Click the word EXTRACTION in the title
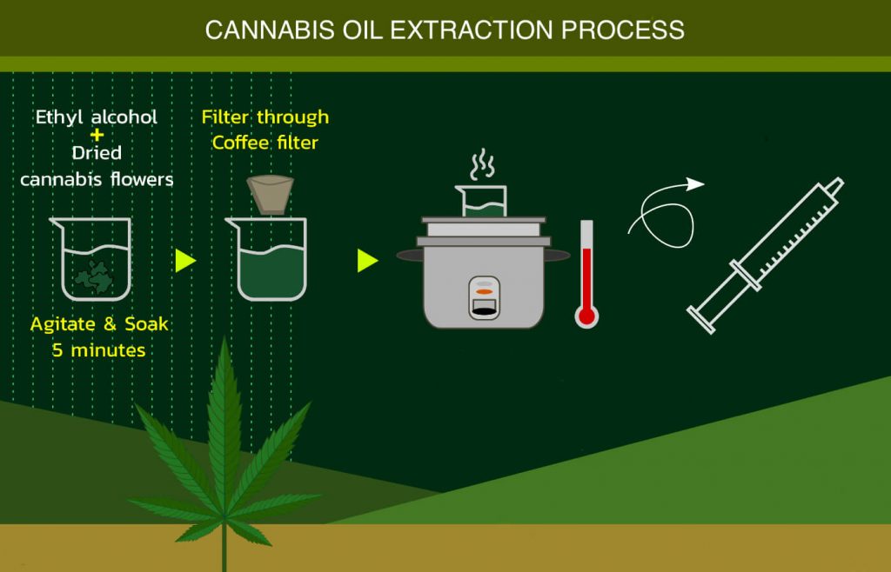471,30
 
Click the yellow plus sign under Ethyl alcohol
97,135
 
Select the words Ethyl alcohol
97,116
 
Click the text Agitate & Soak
99,324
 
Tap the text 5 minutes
99,350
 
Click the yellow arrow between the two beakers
185,261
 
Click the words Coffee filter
265,143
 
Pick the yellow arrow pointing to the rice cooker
368,261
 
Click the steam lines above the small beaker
482,164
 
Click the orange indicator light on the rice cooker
484,292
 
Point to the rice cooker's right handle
557,256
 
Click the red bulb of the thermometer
586,316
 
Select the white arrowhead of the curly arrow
695,184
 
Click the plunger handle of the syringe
701,320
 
